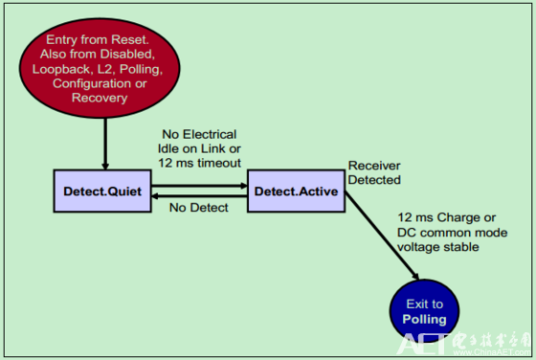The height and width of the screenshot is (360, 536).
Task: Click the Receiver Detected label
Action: pyautogui.click(x=375, y=172)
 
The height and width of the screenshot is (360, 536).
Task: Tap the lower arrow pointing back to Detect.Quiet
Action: pyautogui.click(x=196, y=198)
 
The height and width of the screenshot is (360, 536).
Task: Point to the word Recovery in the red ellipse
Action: pyautogui.click(x=104, y=98)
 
